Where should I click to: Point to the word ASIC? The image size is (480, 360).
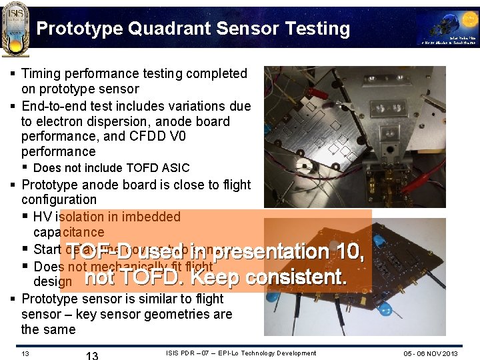(175, 168)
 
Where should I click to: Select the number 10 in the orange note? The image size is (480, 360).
(348, 252)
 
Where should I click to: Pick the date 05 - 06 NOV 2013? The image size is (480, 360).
(430, 353)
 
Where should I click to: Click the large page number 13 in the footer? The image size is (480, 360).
(92, 354)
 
